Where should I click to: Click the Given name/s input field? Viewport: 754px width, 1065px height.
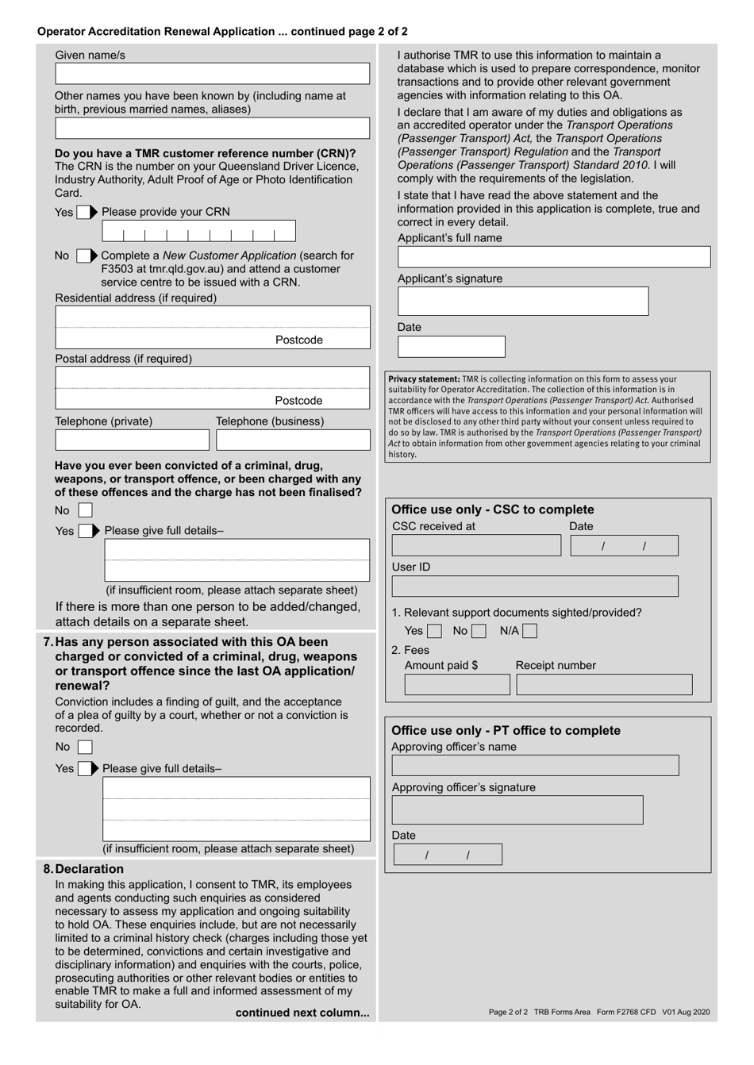(x=212, y=74)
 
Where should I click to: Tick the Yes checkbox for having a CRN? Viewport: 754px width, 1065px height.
(x=83, y=213)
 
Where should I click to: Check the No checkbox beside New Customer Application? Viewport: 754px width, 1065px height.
(x=83, y=256)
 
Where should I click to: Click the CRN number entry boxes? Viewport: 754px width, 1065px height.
(x=198, y=231)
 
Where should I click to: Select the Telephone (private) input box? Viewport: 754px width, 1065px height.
(x=132, y=440)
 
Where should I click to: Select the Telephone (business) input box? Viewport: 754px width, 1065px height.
(x=293, y=440)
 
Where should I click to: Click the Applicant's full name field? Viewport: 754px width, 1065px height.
(x=553, y=257)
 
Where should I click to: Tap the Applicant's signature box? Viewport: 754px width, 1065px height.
(x=522, y=302)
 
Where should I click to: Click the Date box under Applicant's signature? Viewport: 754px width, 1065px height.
(x=451, y=347)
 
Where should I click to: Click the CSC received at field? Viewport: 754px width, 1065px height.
(x=476, y=545)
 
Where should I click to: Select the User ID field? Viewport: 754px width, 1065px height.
(x=534, y=586)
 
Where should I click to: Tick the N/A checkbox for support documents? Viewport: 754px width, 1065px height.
(x=529, y=632)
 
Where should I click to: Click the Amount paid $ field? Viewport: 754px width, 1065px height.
(x=457, y=685)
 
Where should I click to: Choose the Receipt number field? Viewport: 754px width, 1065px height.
(x=604, y=685)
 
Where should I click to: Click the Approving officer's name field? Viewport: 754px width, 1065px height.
(x=535, y=766)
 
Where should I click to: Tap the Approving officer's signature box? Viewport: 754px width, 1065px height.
(x=517, y=810)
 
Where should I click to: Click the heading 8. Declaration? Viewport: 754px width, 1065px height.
(x=83, y=869)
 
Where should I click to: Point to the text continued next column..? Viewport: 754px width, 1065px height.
(x=302, y=1013)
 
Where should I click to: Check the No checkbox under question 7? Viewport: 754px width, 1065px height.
(x=85, y=748)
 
